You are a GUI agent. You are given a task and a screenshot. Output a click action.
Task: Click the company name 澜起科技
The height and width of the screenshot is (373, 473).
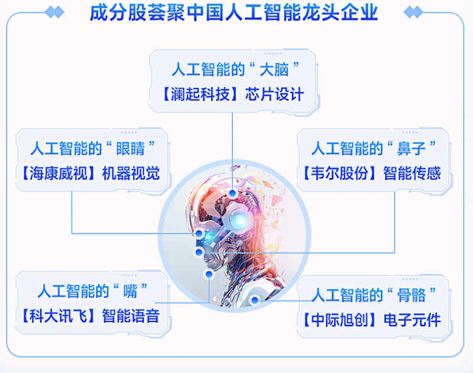[x=198, y=94]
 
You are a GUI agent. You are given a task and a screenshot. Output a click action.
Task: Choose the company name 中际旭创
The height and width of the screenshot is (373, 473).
[x=339, y=320]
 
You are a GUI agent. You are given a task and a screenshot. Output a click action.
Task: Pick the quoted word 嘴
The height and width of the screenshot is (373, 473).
[x=129, y=291]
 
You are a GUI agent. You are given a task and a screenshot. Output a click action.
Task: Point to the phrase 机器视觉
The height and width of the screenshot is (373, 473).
[x=131, y=173]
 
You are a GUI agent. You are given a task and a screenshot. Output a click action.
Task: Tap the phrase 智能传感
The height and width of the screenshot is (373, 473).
[x=412, y=173]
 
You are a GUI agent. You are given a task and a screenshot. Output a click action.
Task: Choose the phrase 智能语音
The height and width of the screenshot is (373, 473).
[x=130, y=315]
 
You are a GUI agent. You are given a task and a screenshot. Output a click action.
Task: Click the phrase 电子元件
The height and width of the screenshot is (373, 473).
[x=412, y=320]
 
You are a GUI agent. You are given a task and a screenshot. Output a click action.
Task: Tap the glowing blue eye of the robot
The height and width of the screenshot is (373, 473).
[x=239, y=220]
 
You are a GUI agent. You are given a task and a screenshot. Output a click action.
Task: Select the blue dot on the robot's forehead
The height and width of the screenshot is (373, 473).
[x=234, y=193]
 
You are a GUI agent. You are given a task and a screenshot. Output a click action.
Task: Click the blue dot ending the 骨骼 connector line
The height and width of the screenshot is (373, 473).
[x=255, y=300]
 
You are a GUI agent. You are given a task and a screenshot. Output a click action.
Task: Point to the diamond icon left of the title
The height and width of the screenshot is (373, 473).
[x=54, y=12]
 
